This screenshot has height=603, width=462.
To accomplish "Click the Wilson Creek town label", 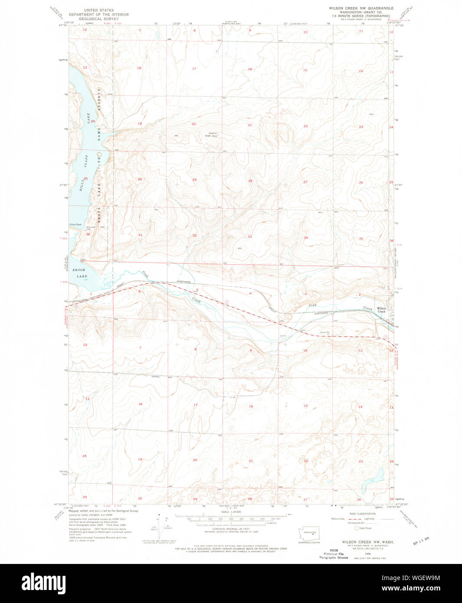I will (381, 310).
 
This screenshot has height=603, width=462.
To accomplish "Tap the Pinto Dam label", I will (75, 224).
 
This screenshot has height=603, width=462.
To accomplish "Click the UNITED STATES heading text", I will (99, 10).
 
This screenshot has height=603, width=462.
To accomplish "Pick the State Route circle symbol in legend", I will (357, 528).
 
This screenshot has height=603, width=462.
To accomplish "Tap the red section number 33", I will (250, 236).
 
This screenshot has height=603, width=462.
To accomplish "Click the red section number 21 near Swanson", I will (250, 125).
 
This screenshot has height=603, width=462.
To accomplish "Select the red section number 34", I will (306, 238).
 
